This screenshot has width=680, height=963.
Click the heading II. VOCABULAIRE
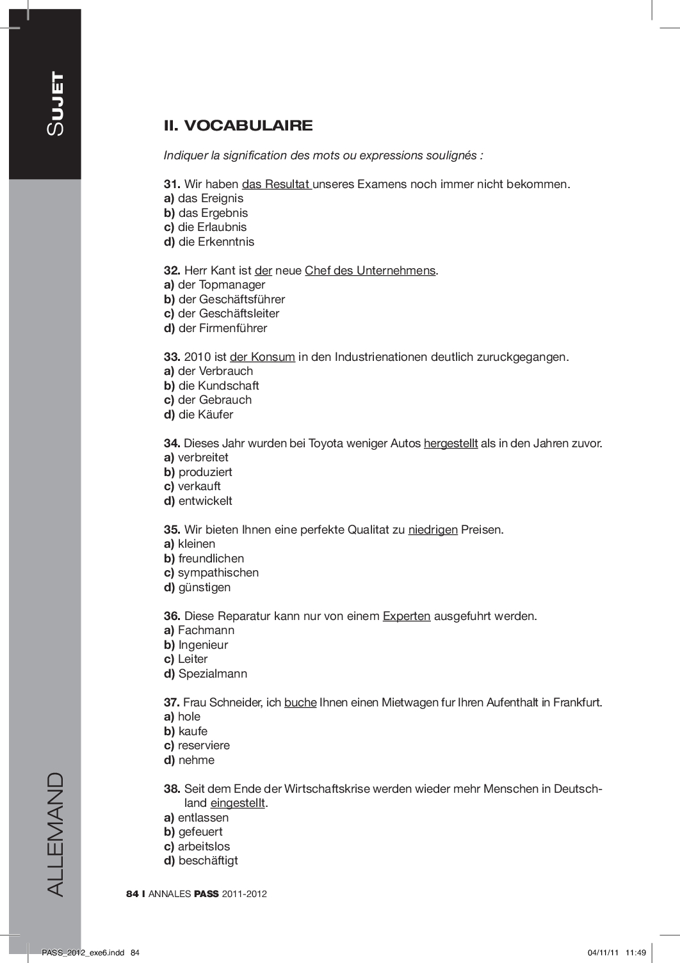pos(238,125)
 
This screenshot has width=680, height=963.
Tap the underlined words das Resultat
pos(276,184)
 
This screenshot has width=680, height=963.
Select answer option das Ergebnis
pos(213,213)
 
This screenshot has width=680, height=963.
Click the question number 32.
pos(172,271)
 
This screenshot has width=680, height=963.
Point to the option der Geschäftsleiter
pos(229,314)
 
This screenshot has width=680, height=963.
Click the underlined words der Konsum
pos(263,357)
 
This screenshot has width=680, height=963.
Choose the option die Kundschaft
pos(218,386)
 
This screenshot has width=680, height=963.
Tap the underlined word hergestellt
pos(450,443)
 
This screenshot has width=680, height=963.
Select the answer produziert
pos(205,472)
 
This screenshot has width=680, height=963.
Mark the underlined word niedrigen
pos(433,530)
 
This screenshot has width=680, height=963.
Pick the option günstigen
pos(204,587)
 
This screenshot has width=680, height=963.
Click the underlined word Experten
pos(407,616)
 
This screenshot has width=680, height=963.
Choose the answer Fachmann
pos(206,630)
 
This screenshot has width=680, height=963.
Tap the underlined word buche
pos(300,703)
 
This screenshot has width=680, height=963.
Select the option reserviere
pos(204,745)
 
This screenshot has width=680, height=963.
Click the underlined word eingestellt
pos(238,803)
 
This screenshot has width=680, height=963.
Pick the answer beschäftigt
pos(208,861)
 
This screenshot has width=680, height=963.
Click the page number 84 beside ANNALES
pos(133,894)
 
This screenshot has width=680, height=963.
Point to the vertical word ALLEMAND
pos(55,834)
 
